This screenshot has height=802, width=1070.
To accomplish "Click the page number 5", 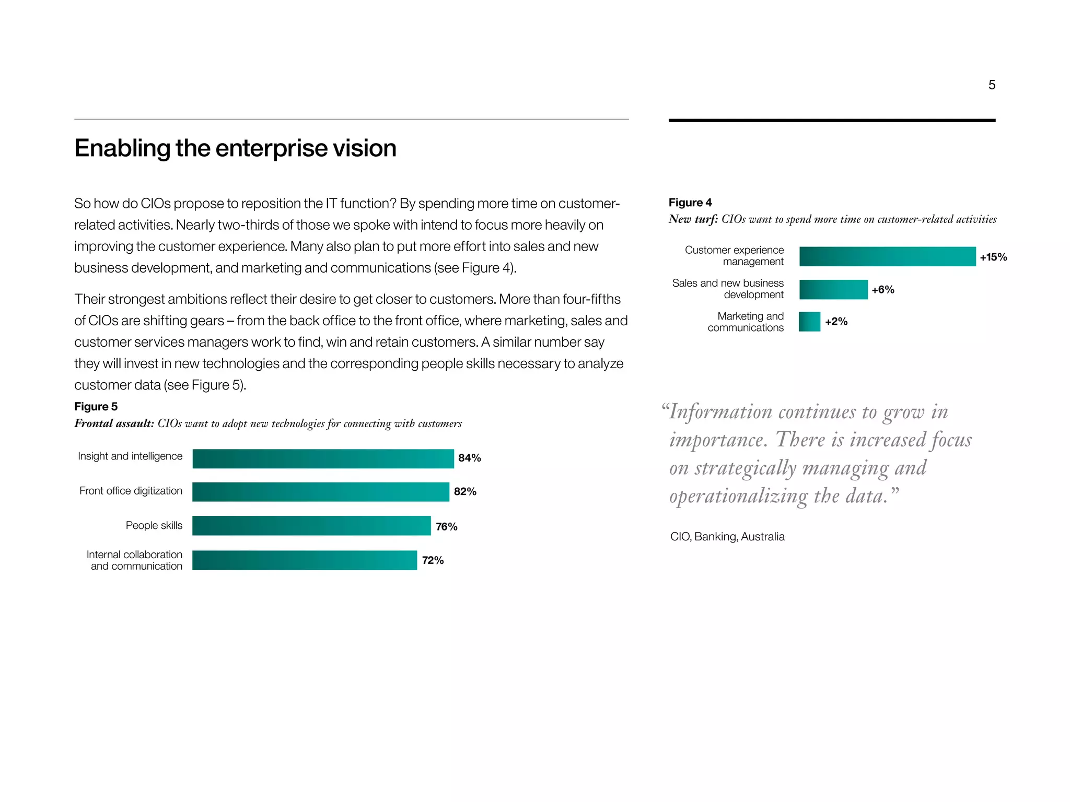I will (992, 85).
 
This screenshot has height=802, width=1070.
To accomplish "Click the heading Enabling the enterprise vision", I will (235, 148).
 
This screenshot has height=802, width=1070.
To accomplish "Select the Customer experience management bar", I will (887, 256).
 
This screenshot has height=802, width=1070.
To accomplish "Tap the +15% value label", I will (993, 257).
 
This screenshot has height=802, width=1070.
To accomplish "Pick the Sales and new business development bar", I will (833, 289).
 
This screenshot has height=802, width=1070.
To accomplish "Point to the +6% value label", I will (883, 290).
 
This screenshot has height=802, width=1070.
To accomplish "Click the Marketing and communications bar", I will (809, 322).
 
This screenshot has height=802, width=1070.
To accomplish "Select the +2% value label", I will (836, 322).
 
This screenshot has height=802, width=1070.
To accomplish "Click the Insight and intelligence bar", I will (323, 458).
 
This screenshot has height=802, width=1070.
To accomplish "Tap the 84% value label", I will (469, 458).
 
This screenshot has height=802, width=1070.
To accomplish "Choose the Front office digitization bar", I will (320, 492).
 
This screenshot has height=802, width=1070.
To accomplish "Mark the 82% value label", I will (465, 491).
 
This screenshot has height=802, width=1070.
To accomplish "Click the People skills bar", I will (311, 526).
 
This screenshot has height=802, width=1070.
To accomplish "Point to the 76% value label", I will (447, 526).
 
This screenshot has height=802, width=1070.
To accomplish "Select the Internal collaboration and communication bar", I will (305, 560).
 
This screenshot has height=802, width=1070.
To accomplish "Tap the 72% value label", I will (433, 560).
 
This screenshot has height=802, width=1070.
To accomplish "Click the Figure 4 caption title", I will (690, 203).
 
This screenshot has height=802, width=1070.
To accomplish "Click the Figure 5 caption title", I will (96, 407).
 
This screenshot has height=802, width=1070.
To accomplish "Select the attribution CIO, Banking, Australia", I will (727, 537).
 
